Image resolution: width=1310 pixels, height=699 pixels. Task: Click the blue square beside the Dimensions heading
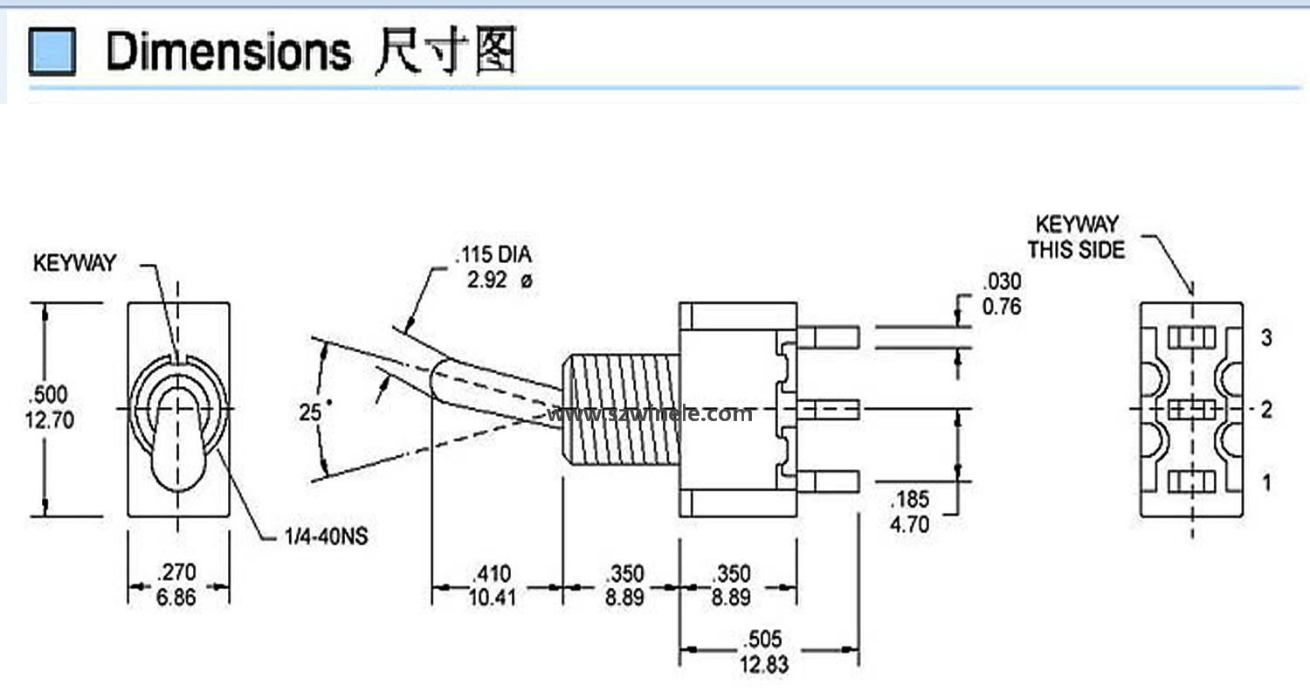pyautogui.click(x=52, y=52)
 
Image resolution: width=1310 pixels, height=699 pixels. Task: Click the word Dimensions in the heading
pyautogui.click(x=228, y=52)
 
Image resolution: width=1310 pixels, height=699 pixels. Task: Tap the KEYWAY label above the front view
pyautogui.click(x=74, y=264)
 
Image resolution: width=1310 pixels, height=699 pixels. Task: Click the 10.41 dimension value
pyautogui.click(x=494, y=598)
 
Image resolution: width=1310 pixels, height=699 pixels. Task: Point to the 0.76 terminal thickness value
pyautogui.click(x=1002, y=307)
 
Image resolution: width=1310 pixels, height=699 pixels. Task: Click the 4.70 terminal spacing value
pyautogui.click(x=909, y=524)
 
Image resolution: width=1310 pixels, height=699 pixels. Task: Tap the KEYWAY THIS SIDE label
pyautogui.click(x=1076, y=238)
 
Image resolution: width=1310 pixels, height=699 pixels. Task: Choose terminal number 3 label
pyautogui.click(x=1265, y=337)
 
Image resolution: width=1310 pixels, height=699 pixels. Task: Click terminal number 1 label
pyautogui.click(x=1265, y=481)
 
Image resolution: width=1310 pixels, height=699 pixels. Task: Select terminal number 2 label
pyautogui.click(x=1265, y=409)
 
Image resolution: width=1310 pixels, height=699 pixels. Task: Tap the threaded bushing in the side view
pyautogui.click(x=620, y=409)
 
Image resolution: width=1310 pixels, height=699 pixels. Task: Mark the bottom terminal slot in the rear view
pyautogui.click(x=1191, y=481)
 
